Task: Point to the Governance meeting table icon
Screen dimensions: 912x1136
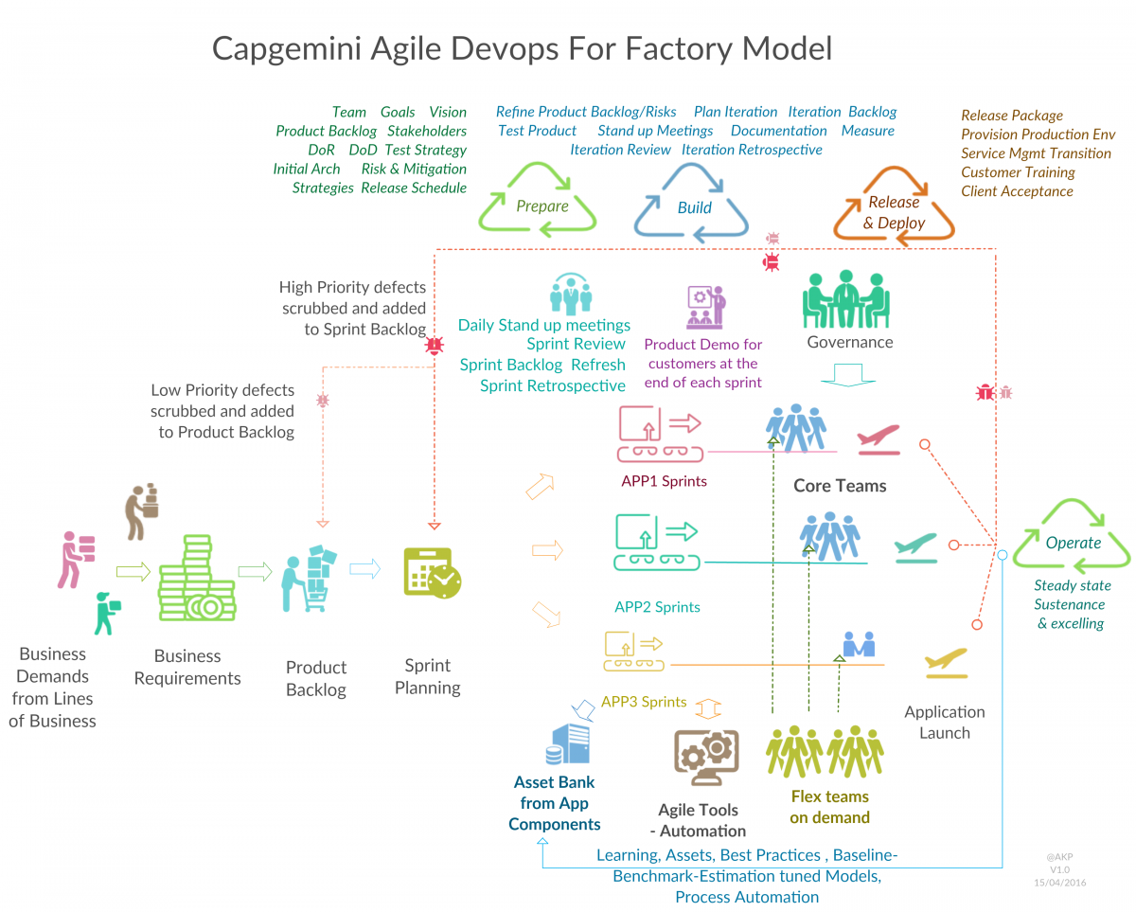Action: coord(846,300)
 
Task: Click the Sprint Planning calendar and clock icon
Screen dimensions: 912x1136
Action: coord(432,572)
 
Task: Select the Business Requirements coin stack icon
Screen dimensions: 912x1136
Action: coord(195,579)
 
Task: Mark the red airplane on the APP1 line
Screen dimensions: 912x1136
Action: coord(878,438)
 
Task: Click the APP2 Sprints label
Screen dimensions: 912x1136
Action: coord(658,607)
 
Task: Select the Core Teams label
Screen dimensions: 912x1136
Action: coord(840,486)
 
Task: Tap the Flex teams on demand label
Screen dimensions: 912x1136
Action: coord(829,807)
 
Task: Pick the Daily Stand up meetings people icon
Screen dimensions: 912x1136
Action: coord(570,295)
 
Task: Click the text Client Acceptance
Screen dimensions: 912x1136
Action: coord(1017,191)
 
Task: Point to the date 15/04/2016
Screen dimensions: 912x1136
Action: coord(1060,882)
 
